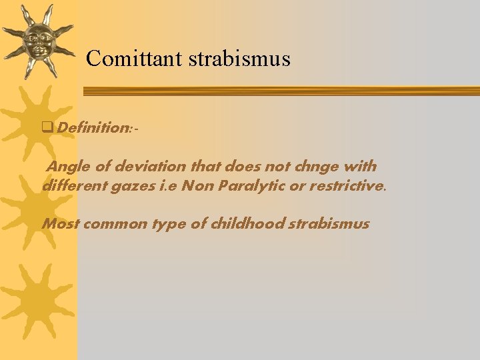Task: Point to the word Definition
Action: pos(93,127)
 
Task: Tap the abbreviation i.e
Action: pos(168,185)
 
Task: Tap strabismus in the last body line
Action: pos(328,223)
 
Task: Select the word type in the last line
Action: pos(171,223)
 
